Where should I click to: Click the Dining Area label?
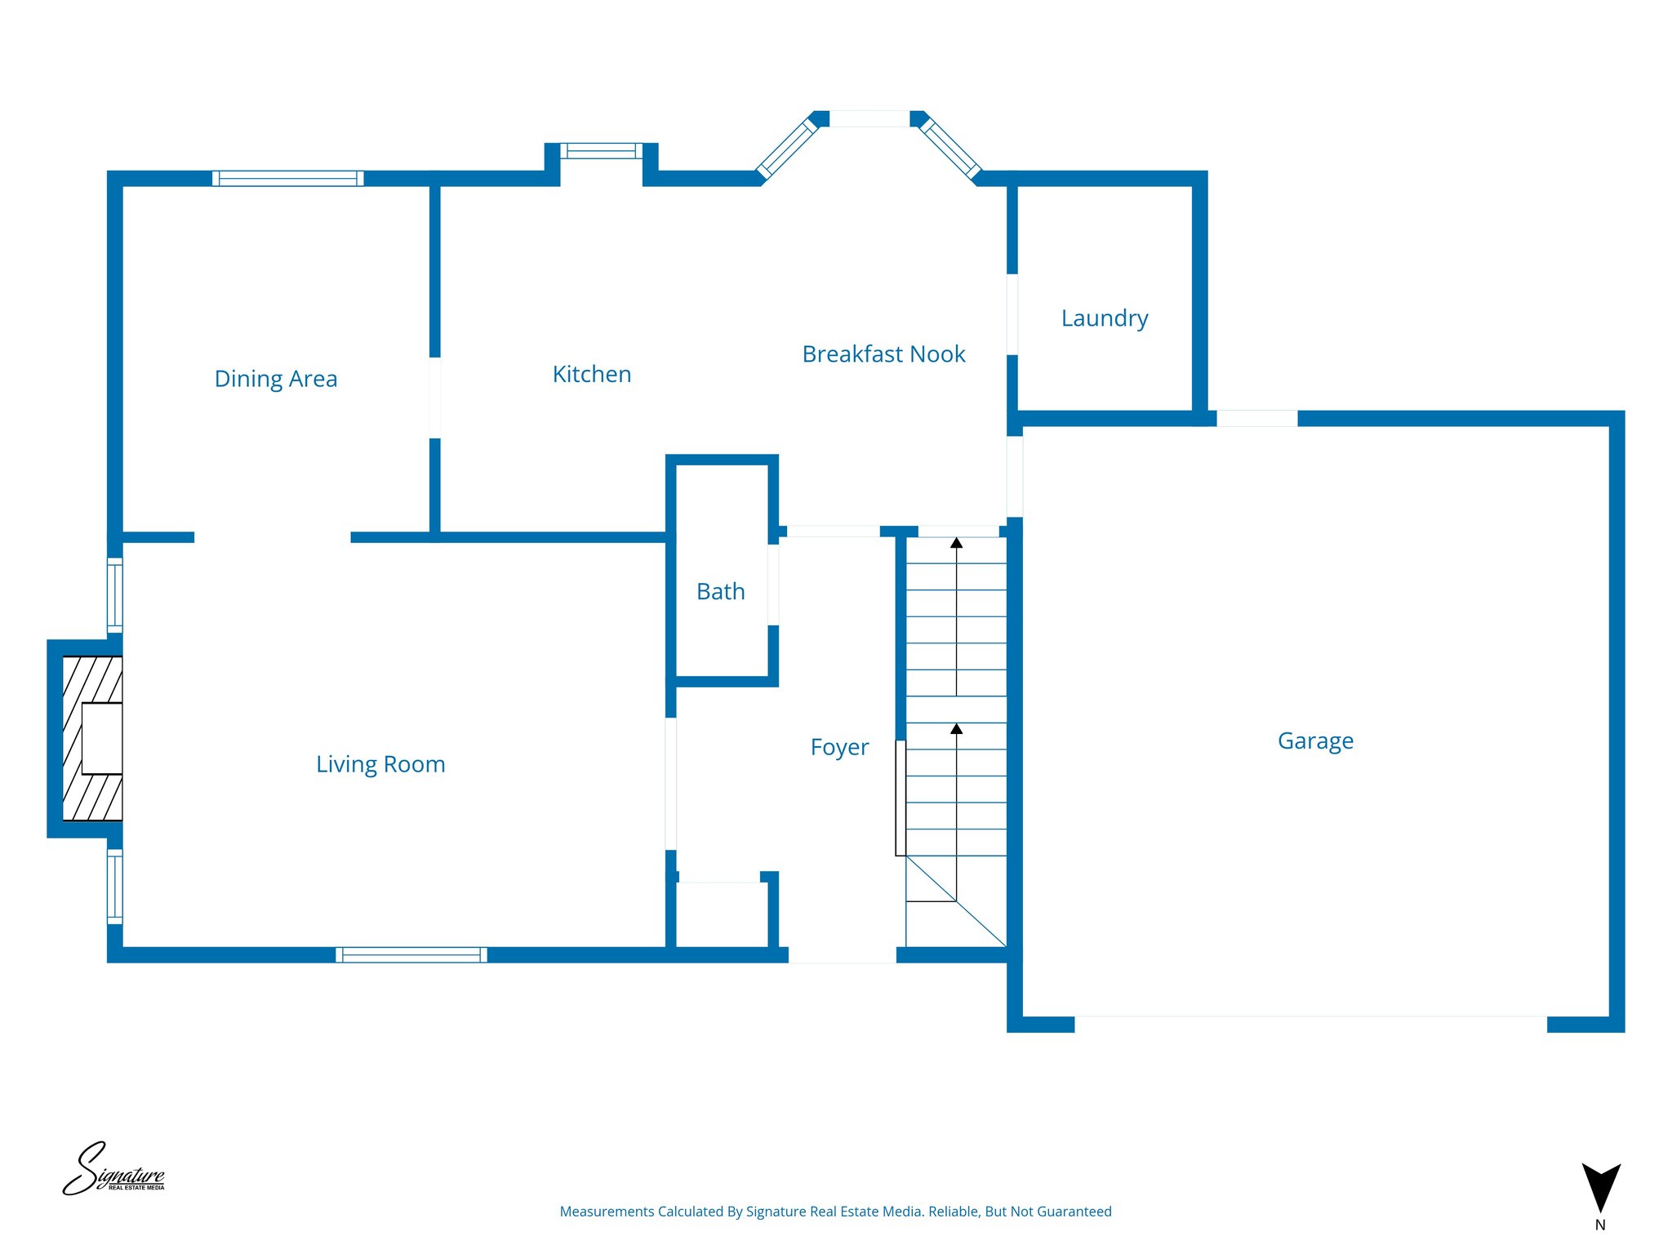(x=276, y=379)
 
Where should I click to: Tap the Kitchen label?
(x=592, y=374)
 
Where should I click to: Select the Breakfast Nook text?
(x=883, y=354)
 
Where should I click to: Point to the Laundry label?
(x=1105, y=318)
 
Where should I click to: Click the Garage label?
(x=1315, y=740)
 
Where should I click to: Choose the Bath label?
(x=721, y=591)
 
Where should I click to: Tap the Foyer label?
(x=839, y=747)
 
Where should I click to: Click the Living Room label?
(x=380, y=764)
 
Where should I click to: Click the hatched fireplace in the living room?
(x=92, y=738)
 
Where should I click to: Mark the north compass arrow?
(x=1601, y=1188)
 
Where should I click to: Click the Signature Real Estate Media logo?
(x=113, y=1170)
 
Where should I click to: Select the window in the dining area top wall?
(x=288, y=178)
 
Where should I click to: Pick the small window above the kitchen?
(x=602, y=151)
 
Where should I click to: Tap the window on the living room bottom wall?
(x=411, y=954)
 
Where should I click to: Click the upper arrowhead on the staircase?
(x=957, y=543)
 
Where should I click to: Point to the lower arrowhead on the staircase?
(x=957, y=728)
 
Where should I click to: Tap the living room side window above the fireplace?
(x=115, y=595)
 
